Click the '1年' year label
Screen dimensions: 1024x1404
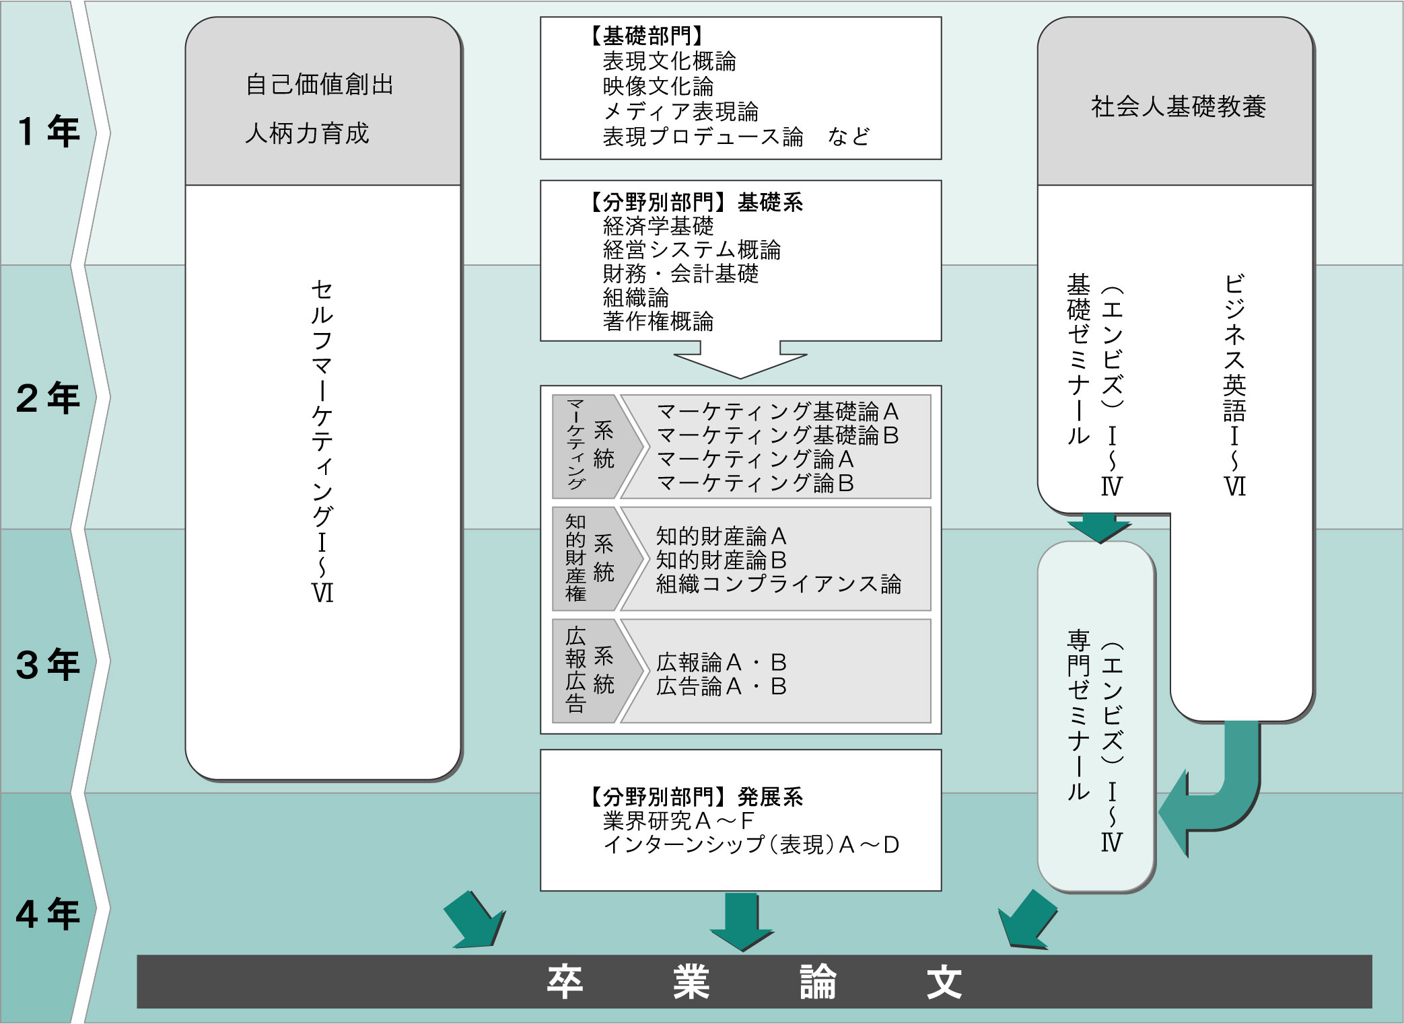pos(49,131)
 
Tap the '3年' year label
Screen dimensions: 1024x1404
pos(48,665)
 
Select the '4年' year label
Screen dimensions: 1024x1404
pos(48,914)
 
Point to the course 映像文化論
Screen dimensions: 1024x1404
pos(658,87)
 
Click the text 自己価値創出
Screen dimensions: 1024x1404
pos(319,85)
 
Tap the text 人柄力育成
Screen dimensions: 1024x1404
pos(307,133)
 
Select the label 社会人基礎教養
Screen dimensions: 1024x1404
pos(1179,107)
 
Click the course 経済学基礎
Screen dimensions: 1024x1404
pos(658,226)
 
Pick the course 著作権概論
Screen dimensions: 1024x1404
pos(658,322)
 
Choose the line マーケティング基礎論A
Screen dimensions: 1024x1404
pos(777,411)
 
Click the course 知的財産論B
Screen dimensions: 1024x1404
pos(721,560)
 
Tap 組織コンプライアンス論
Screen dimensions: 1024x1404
pos(778,584)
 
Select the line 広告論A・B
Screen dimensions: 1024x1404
pos(721,686)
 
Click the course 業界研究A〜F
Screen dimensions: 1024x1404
pos(678,821)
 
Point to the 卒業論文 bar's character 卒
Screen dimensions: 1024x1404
pos(564,982)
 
